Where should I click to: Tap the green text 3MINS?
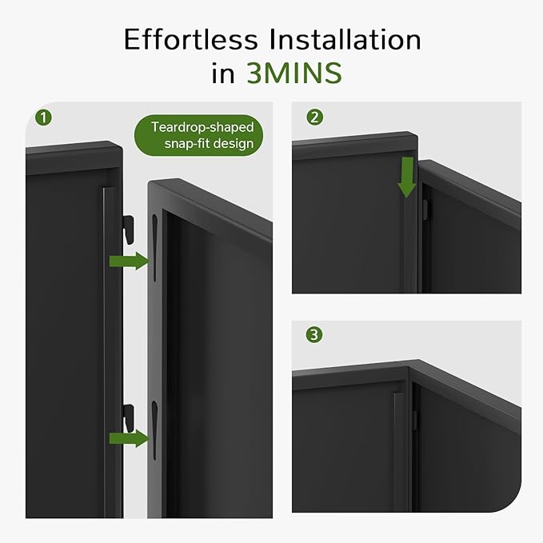click(x=293, y=73)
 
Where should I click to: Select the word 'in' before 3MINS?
click(x=223, y=73)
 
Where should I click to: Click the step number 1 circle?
click(x=45, y=118)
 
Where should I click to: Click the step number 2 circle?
click(x=314, y=118)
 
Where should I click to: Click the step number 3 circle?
click(x=314, y=335)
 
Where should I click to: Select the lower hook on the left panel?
click(x=126, y=416)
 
